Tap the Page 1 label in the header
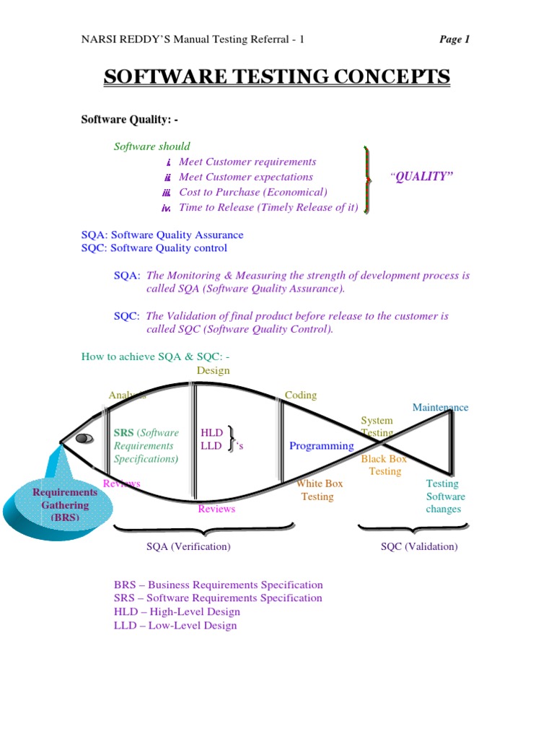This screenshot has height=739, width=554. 454,40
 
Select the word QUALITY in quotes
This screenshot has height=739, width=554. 423,177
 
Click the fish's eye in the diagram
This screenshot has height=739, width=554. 84,438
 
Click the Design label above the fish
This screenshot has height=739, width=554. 213,370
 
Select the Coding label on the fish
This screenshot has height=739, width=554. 301,395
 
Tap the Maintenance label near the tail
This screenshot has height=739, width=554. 440,408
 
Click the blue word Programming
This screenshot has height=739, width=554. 322,446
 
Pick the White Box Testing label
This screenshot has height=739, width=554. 318,490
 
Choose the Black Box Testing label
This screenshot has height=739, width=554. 384,465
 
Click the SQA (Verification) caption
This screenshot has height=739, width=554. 188,546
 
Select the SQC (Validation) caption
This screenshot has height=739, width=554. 419,546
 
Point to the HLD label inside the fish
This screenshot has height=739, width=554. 211,433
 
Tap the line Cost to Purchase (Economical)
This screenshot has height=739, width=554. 252,192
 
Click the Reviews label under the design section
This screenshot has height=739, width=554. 216,509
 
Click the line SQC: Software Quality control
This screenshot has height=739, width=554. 154,248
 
